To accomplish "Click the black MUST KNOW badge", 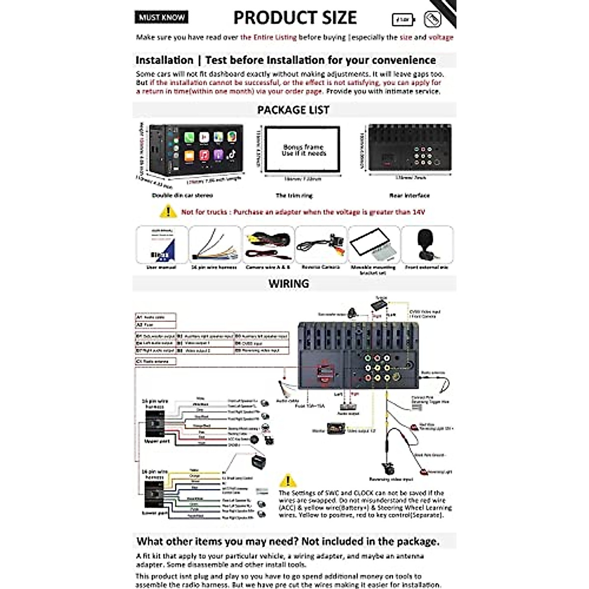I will tap(161, 17).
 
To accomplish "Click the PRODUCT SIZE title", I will tap(295, 18).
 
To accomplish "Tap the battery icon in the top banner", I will tap(403, 20).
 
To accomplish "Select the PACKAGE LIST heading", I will tap(293, 110).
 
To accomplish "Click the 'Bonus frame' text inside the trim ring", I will tap(303, 147).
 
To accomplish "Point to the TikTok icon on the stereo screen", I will tap(232, 155).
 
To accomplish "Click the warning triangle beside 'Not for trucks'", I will tap(168, 212).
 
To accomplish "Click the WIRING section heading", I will tap(289, 284).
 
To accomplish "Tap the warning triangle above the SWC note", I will tap(288, 480).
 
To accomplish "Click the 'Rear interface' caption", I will tap(409, 195).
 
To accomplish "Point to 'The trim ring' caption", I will tap(294, 195).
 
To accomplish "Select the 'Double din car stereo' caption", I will tap(183, 195).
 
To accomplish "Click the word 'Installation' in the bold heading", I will tap(164, 60).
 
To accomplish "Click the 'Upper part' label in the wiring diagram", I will tap(157, 441).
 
